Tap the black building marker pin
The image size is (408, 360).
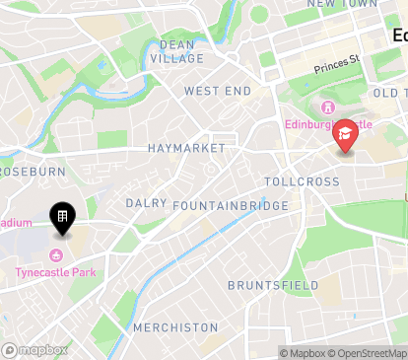[x=61, y=217]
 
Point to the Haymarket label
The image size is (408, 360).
[x=186, y=148]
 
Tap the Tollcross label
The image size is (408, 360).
[x=302, y=182]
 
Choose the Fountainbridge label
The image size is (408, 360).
[x=230, y=205]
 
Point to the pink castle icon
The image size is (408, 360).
[x=327, y=107]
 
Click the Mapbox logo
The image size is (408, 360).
[x=35, y=350]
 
